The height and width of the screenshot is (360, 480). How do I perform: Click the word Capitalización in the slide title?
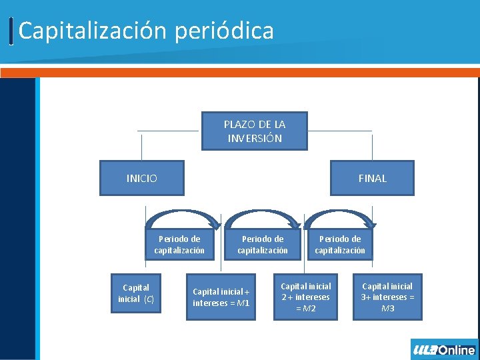82,31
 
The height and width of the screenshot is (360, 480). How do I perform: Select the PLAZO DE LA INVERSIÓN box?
254,131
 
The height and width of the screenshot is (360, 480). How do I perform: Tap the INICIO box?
141,178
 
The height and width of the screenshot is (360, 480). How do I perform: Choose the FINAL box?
372,178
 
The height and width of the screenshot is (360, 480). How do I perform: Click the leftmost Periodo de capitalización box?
179,245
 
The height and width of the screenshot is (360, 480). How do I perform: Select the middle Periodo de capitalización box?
263,245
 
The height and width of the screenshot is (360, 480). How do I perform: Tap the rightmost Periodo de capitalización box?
340,245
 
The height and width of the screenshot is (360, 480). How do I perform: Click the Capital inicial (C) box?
136,293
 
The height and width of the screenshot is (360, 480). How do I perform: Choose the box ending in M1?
221,297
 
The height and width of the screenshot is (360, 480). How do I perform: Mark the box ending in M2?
306,297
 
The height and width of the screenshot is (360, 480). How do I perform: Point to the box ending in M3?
387,297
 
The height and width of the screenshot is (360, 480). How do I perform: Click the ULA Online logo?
444,349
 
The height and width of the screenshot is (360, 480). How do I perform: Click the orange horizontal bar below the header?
240,72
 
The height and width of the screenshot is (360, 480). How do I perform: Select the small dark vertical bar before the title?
12,31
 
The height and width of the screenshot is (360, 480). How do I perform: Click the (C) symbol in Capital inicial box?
149,299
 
